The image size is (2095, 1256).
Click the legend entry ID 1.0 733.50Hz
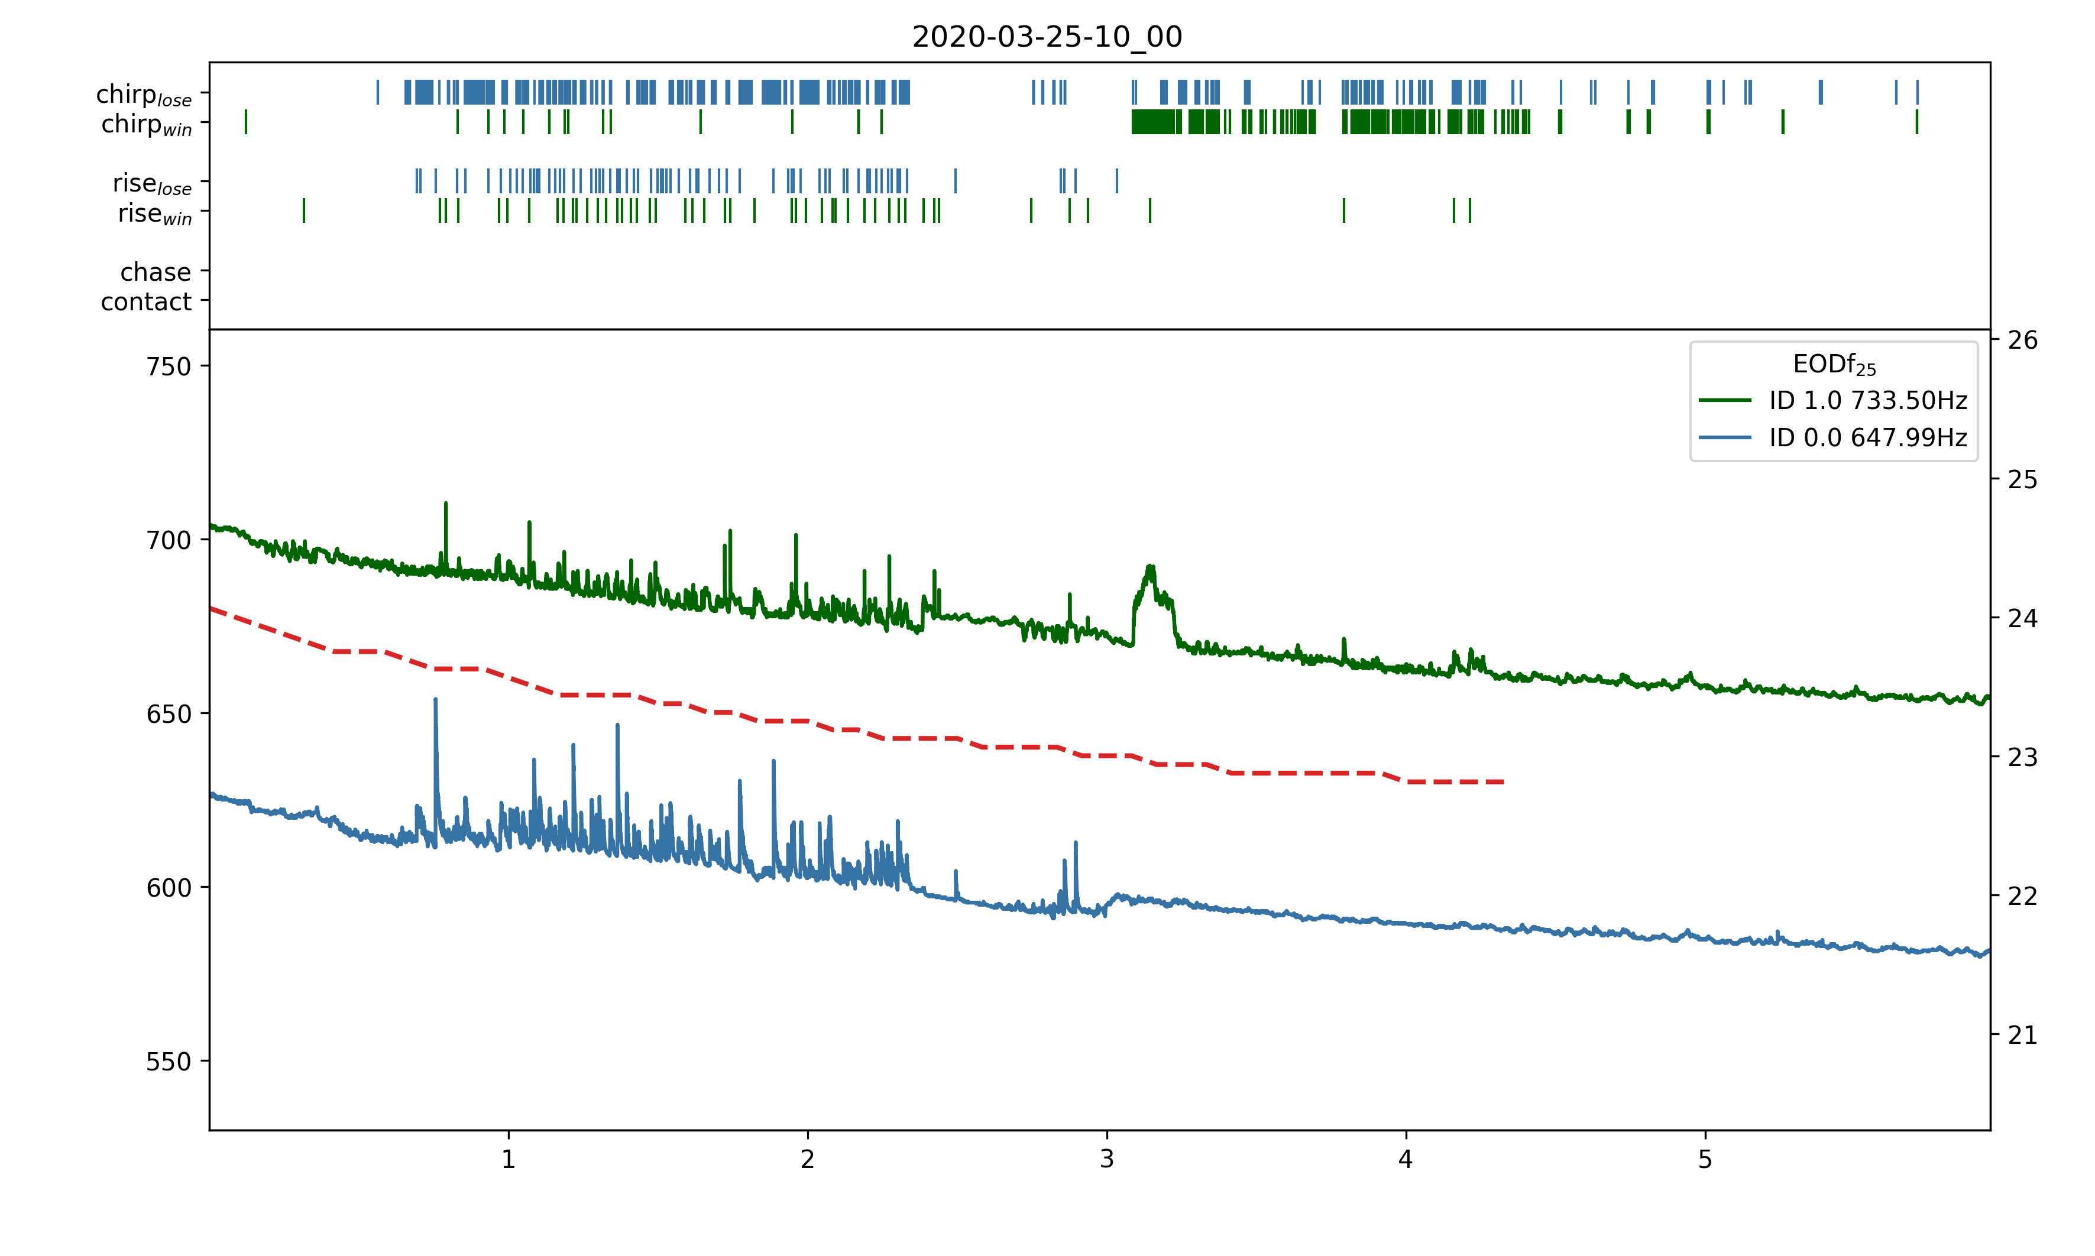pos(1867,400)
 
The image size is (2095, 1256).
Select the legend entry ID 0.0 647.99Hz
pos(1867,437)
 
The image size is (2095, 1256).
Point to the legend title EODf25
pos(1834,365)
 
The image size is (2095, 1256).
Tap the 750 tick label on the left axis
pos(169,366)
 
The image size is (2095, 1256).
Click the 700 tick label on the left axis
pos(169,540)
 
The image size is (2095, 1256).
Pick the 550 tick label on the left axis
pos(169,1062)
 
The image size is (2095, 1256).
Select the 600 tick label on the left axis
pos(169,888)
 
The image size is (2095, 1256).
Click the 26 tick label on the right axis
pos(2022,340)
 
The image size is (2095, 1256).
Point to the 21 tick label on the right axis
pos(2022,1035)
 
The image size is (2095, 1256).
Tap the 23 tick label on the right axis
pos(2022,758)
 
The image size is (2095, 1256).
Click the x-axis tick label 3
pos(1106,1160)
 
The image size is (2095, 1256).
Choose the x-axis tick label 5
pos(1705,1160)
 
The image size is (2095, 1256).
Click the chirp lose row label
pos(144,94)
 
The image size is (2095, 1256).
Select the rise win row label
pos(155,213)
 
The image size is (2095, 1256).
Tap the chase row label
pos(156,272)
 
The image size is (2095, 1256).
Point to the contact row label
pos(147,301)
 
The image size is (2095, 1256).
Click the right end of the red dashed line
pos(1503,782)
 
